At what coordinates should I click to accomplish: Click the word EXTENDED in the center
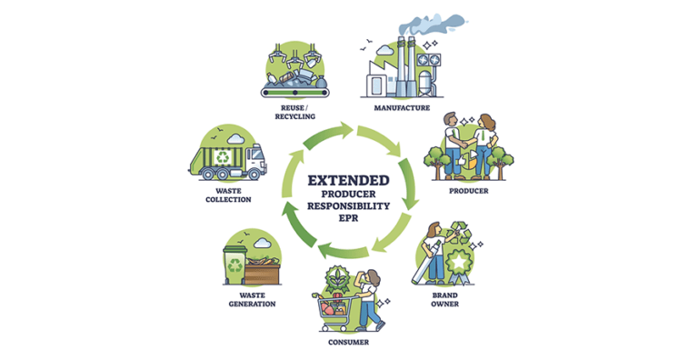(x=349, y=180)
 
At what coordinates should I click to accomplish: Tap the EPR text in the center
(x=349, y=218)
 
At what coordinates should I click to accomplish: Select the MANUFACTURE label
(x=401, y=107)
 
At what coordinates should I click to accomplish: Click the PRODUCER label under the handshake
(x=469, y=191)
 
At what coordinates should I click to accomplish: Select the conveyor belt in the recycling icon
(x=294, y=87)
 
